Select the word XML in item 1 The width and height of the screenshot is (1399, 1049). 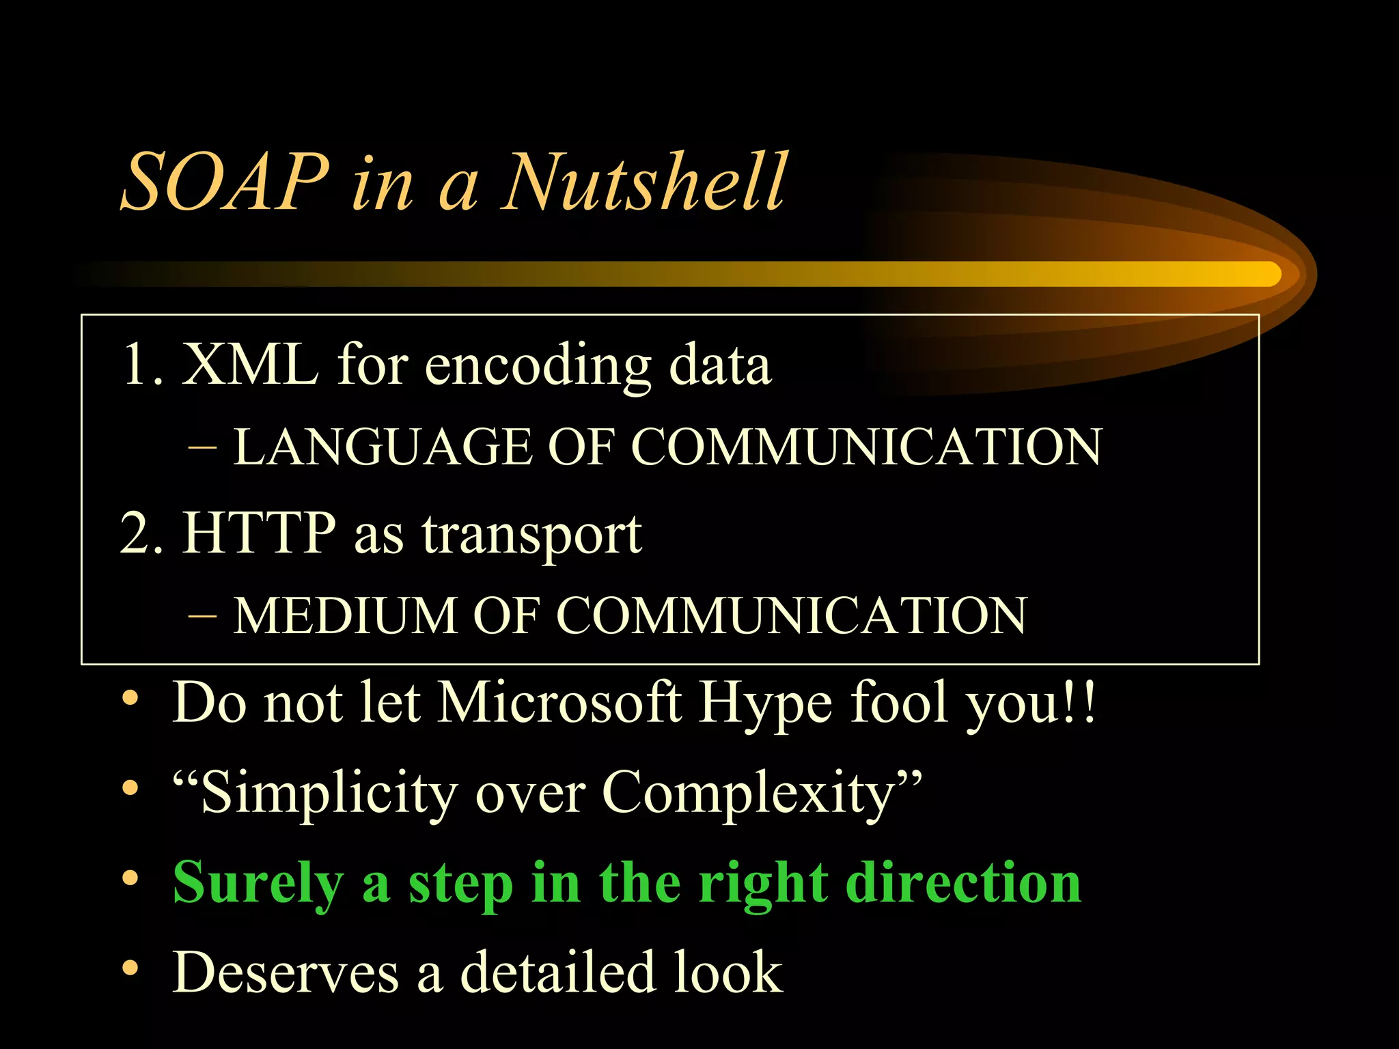point(249,365)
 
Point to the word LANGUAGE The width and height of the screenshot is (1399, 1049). point(383,447)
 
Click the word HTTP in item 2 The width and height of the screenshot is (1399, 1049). point(259,533)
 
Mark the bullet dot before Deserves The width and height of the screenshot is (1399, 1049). point(130,968)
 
